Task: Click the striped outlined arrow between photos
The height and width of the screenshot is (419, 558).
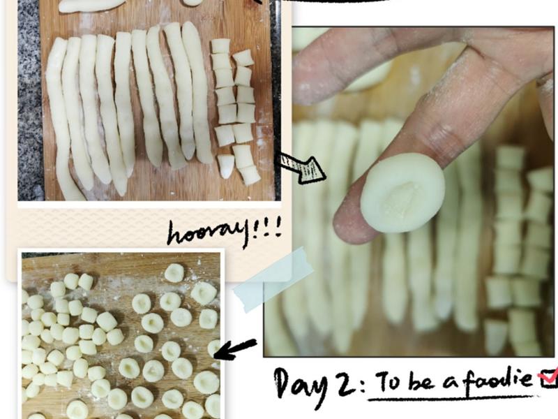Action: tap(301, 168)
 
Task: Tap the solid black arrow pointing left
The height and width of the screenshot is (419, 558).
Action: tap(235, 349)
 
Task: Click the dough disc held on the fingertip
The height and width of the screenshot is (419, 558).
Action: tap(402, 193)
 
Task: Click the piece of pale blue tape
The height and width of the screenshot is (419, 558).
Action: tap(273, 279)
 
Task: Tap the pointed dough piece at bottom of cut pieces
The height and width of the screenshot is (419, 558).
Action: tap(226, 166)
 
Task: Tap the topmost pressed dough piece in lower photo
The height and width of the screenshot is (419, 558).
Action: tap(174, 272)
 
